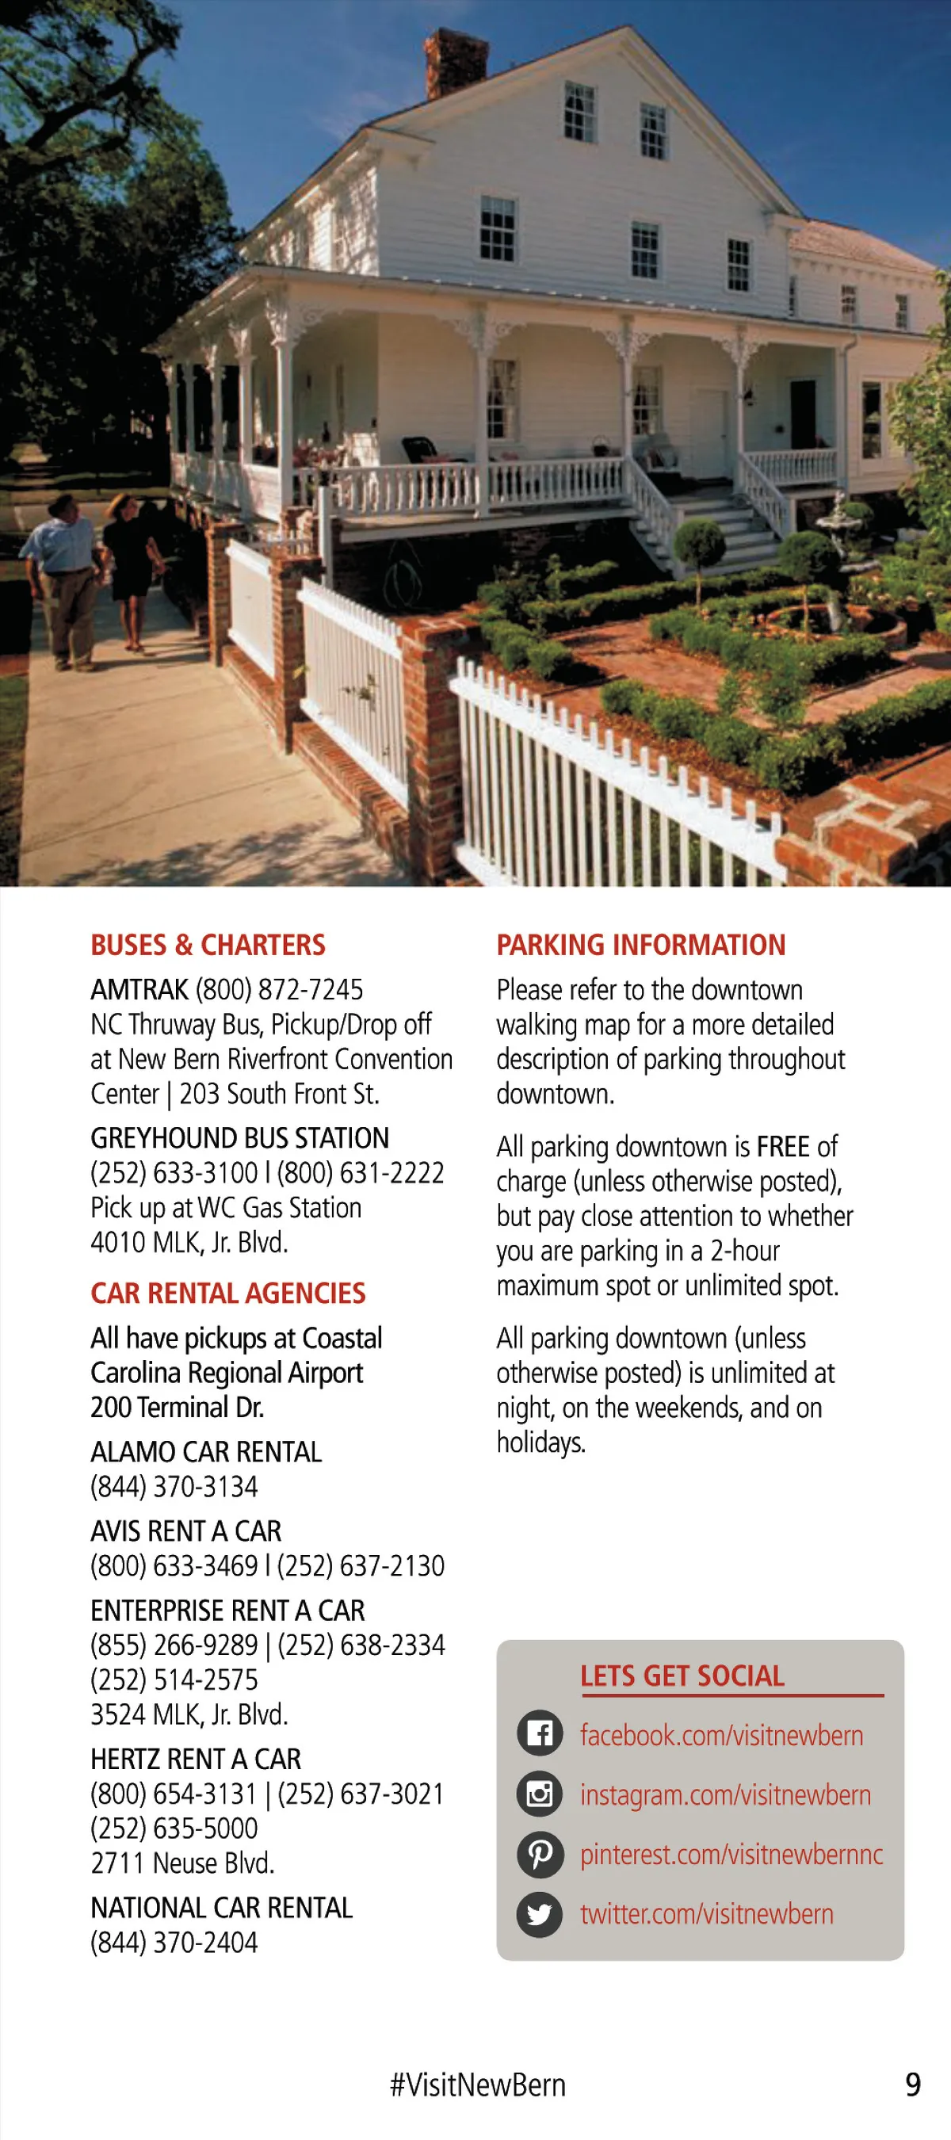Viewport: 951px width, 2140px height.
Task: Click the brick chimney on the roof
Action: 454,62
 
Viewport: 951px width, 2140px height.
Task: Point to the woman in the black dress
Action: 131,565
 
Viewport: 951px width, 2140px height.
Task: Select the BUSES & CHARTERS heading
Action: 208,945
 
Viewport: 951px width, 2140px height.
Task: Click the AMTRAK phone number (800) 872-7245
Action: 279,989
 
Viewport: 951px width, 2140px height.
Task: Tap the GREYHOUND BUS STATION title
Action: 239,1137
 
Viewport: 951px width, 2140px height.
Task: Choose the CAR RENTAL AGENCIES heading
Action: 227,1293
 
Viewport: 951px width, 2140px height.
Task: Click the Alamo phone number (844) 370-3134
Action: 174,1486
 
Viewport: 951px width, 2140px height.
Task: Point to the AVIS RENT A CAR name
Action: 185,1530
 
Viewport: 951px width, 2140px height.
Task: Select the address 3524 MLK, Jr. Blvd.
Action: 189,1714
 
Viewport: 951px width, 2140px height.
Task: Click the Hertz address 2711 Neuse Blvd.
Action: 182,1863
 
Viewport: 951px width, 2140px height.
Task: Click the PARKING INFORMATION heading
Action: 640,945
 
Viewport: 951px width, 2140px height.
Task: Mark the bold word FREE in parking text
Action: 782,1146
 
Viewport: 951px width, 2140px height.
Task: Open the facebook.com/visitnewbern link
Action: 721,1735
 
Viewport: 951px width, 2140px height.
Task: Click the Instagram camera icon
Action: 540,1794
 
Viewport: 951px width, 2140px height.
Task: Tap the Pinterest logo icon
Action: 540,1853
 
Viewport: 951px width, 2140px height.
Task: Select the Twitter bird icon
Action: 540,1913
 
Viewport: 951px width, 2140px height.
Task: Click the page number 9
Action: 912,2084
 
